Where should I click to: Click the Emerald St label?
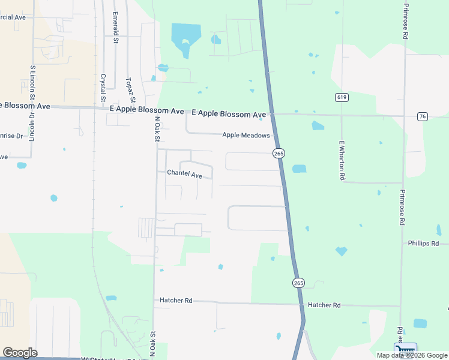tap(115, 25)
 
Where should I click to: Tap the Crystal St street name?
tap(103, 87)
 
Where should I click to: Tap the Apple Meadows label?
tap(246, 136)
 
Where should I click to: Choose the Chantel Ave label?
tap(184, 174)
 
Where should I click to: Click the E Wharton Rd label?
tap(342, 160)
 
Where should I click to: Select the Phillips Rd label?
tap(423, 244)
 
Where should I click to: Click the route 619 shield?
tap(342, 97)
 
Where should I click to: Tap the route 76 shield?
tap(423, 116)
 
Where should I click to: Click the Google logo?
tap(20, 353)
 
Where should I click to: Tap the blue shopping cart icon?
tap(405, 350)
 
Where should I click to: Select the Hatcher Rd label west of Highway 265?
tap(176, 300)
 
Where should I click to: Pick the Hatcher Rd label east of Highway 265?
tap(324, 305)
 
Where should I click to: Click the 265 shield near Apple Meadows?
tap(279, 154)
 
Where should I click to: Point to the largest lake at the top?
tap(185, 37)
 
